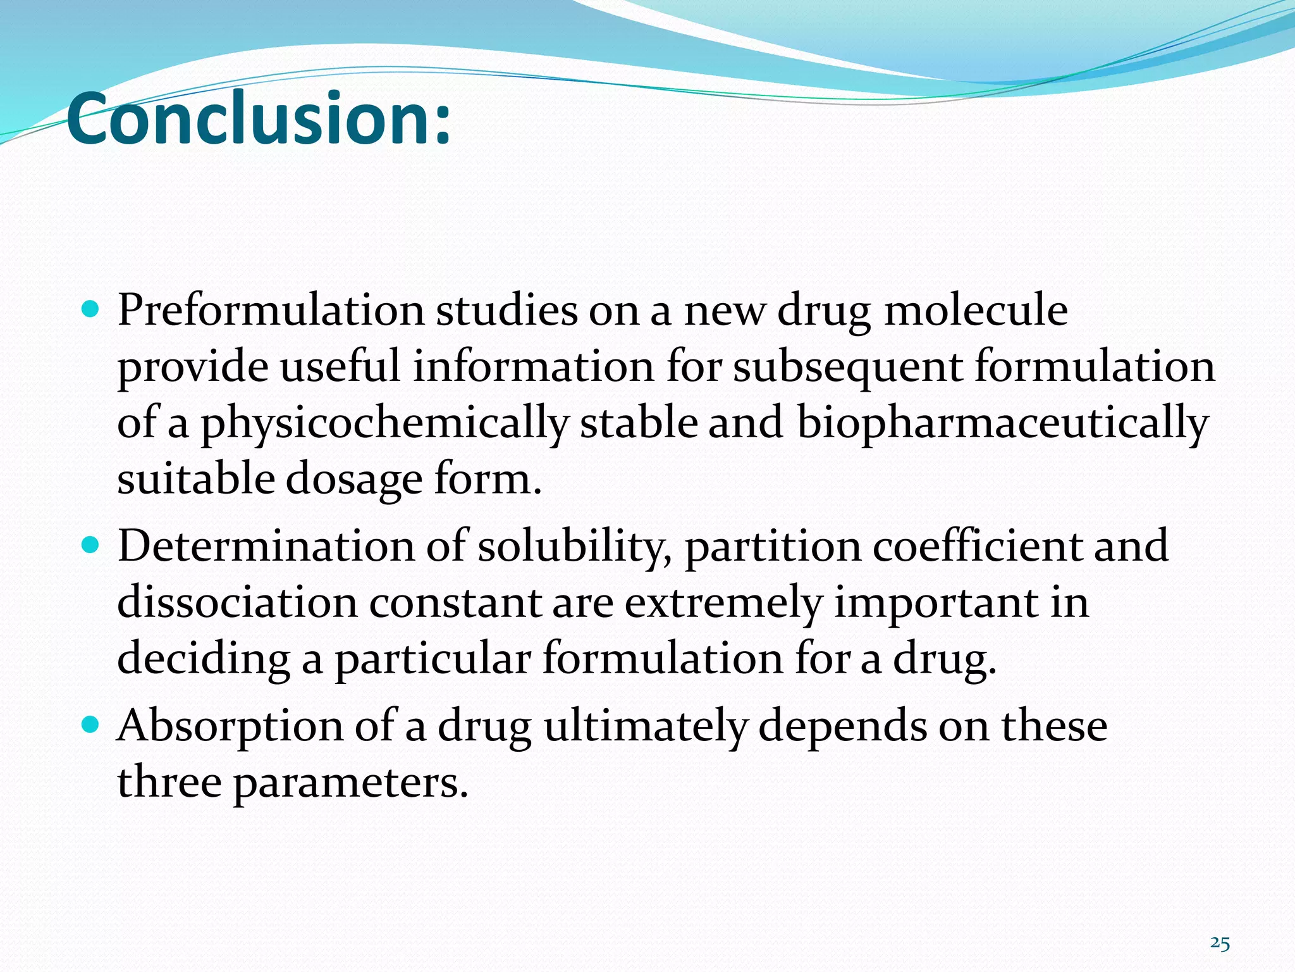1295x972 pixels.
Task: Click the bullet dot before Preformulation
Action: click(x=92, y=309)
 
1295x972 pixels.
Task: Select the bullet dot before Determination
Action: click(x=92, y=544)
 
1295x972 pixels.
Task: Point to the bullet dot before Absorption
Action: click(x=92, y=724)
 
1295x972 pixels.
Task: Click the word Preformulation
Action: click(x=271, y=311)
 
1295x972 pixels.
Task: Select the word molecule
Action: click(x=976, y=311)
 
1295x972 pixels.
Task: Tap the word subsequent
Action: click(x=848, y=367)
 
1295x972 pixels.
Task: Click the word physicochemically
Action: click(x=384, y=423)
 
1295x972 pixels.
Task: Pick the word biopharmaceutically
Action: click(x=1003, y=423)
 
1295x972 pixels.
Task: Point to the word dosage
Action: click(x=354, y=480)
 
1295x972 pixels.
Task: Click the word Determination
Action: click(x=266, y=546)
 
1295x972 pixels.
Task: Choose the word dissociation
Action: click(x=237, y=602)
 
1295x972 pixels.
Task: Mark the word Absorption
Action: click(x=230, y=726)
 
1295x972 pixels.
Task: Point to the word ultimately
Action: click(x=645, y=726)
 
